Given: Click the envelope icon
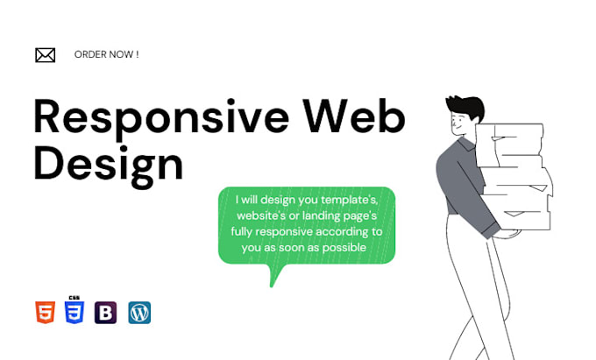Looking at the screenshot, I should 45,55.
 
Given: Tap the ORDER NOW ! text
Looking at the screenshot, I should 106,54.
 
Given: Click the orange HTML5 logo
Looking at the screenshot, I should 46,313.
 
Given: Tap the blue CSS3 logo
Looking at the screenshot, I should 74,312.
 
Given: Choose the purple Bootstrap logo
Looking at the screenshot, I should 106,313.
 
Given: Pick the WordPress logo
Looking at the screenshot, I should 139,313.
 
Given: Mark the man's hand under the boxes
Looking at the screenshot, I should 498,233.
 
